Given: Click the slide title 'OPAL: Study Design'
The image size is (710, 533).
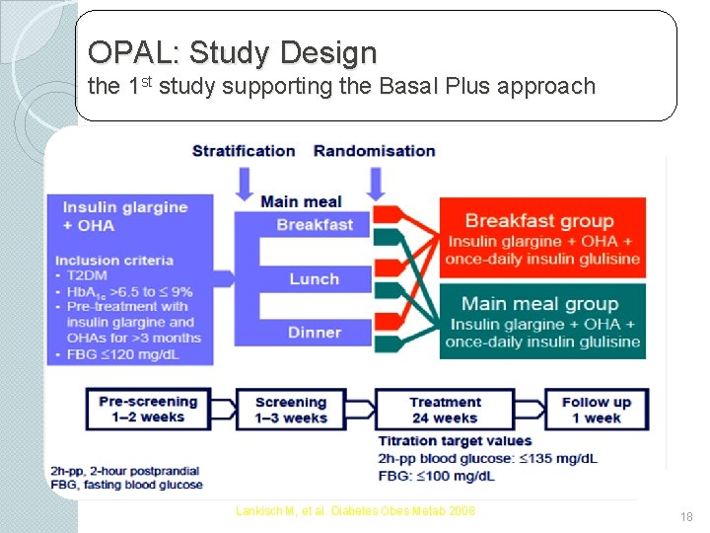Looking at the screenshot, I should pos(232,51).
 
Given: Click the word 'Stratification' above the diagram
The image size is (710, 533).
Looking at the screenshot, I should pos(244,151).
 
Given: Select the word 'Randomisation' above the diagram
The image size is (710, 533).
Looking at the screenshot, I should pos(374,151).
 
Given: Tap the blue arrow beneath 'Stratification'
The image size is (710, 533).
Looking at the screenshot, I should pos(245,183).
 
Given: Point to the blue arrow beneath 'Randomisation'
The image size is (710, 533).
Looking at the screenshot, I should pos(376,183).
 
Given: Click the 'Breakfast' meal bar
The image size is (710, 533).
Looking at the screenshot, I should pos(314,225).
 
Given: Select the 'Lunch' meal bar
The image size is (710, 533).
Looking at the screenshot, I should pos(314,279).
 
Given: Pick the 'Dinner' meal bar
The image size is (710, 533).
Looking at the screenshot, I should pos(314,333).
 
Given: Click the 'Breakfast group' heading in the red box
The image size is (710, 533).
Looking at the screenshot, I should pos(539,221).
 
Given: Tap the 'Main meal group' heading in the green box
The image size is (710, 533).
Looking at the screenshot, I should pos(539,304).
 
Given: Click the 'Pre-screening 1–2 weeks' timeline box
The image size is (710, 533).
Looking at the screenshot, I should pos(148,409).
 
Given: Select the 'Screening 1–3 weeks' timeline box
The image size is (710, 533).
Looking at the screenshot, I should pos(291,409).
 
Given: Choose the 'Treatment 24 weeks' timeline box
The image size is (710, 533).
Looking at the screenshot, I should pos(445,409).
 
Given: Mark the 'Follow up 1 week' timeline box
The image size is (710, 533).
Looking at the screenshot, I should pos(596,409).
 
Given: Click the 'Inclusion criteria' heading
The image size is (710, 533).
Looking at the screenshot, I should pos(114,261).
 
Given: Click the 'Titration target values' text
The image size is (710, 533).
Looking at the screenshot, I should pos(455,441).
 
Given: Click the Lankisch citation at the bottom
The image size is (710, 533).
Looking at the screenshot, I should pos(355,510).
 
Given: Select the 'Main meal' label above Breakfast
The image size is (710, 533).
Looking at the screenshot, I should pos(301,202).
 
